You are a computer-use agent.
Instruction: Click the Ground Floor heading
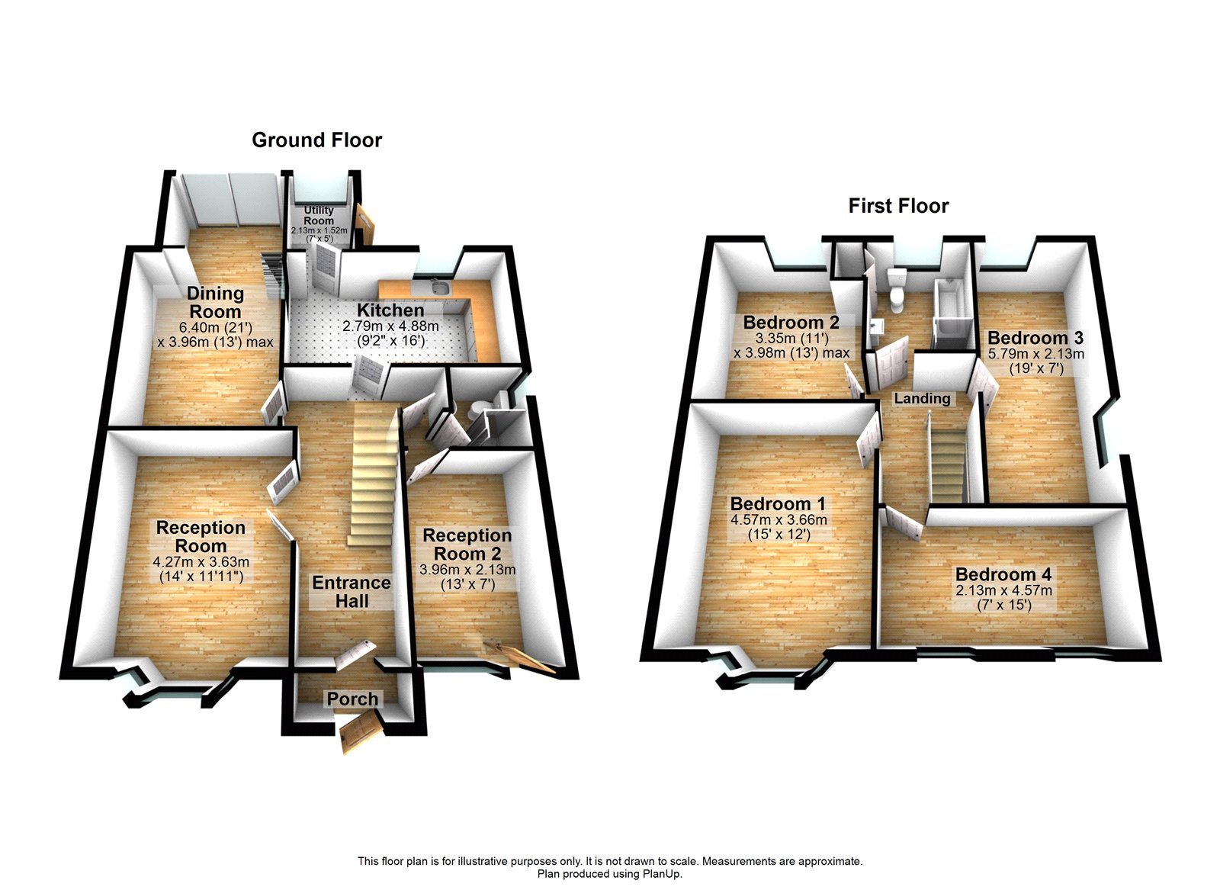point(316,140)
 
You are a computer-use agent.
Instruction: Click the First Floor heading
point(898,206)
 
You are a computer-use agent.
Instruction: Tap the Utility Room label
point(319,215)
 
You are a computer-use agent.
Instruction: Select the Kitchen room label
point(390,310)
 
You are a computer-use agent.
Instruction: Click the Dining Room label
point(215,303)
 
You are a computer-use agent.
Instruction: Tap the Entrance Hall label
point(352,592)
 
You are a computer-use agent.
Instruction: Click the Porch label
point(352,699)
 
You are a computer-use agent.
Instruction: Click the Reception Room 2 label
point(467,545)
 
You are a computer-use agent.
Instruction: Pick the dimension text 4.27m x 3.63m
point(201,562)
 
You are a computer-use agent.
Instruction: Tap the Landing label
point(922,399)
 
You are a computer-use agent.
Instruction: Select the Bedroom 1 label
point(778,504)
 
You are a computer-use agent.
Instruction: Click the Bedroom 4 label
point(1003,574)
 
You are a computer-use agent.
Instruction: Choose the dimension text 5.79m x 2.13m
point(1035,354)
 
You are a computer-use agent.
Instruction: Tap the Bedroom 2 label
point(791,322)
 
